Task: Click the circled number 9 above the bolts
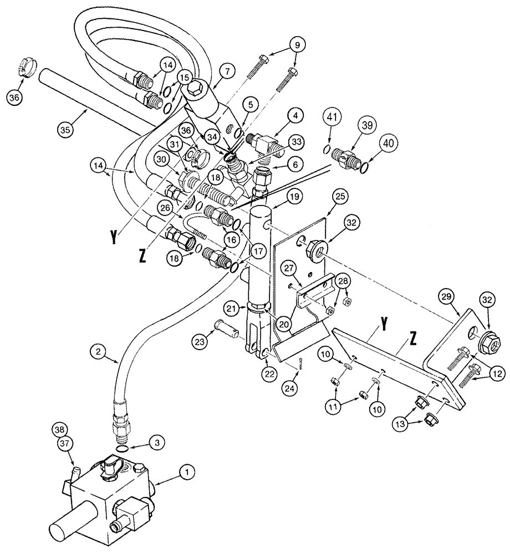point(296,44)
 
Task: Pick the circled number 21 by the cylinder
point(233,307)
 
